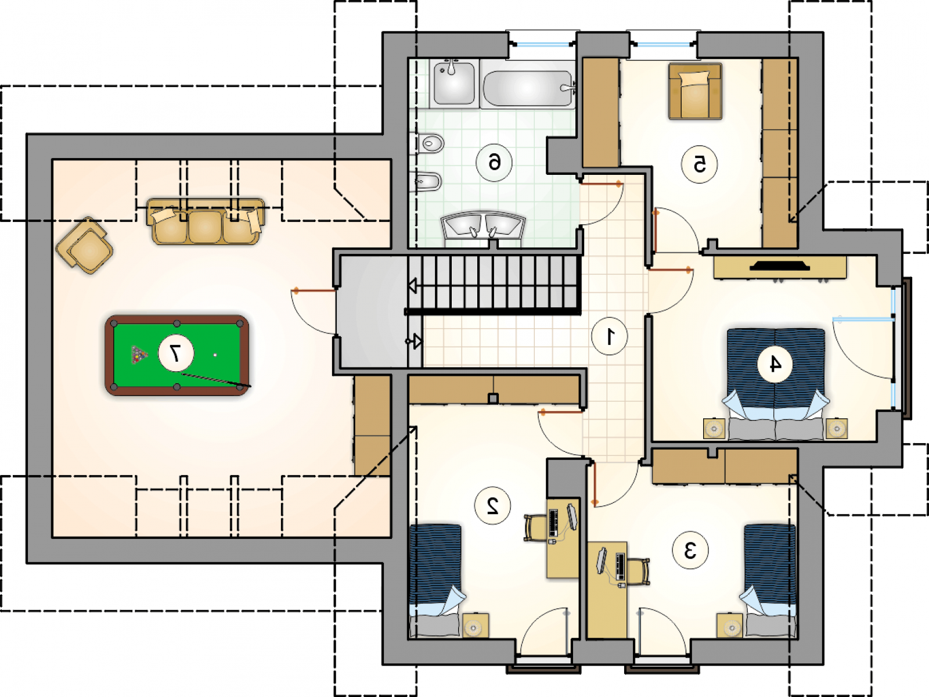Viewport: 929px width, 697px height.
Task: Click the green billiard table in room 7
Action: pos(177,355)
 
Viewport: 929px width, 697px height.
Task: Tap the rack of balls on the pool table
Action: pos(139,355)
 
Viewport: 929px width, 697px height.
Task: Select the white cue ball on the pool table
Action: pos(215,355)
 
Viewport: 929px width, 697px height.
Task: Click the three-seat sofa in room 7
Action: pos(206,221)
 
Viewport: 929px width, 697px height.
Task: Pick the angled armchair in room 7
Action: pos(85,246)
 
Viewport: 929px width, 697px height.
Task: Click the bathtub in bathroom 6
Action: pos(528,87)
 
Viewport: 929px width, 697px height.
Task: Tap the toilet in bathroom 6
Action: pos(427,143)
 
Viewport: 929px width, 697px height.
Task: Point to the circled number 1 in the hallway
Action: pos(610,336)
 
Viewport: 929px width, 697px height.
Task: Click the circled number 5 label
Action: pos(699,164)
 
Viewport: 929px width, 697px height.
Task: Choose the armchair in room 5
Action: pos(695,91)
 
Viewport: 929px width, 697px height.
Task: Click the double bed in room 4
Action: pos(775,384)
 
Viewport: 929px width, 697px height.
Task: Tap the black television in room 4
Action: pos(780,266)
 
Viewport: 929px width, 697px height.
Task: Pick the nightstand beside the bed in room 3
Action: pos(730,626)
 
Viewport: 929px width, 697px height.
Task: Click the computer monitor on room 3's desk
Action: pos(602,561)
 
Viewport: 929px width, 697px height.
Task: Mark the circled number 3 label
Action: pos(690,551)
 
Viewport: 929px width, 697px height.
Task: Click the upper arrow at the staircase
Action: pos(413,286)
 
